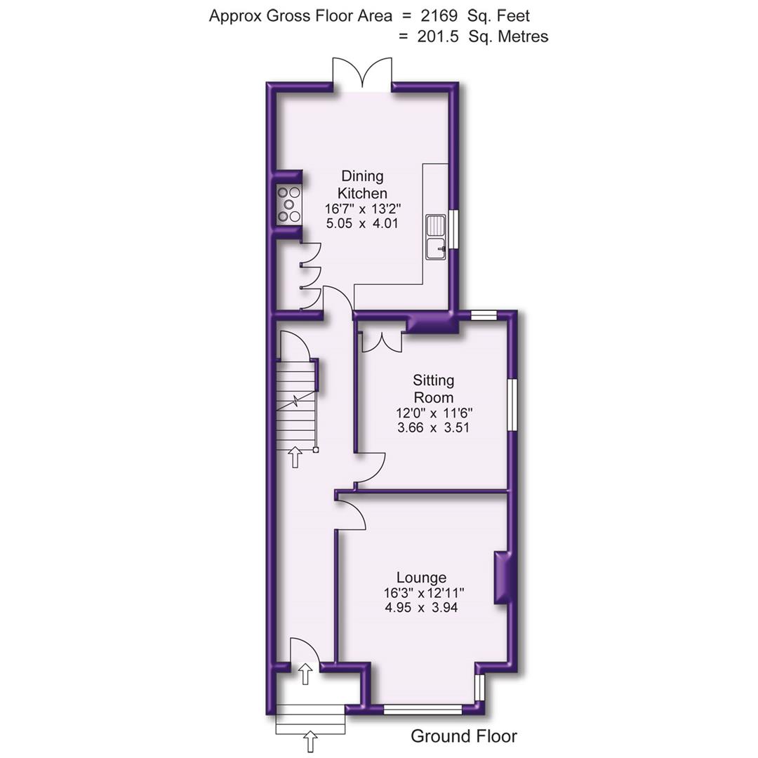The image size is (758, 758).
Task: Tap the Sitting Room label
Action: point(433,389)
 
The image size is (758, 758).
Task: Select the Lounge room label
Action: point(421,578)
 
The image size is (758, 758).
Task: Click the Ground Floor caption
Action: point(463,736)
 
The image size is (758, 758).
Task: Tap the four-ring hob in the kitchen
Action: point(288,204)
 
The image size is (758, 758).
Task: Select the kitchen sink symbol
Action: point(437,236)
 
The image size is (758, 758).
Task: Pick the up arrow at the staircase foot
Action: point(295,456)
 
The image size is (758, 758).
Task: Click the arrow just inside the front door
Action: point(305,674)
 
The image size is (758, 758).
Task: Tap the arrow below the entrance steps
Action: point(310,741)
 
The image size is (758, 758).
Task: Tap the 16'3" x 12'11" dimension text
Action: point(423,593)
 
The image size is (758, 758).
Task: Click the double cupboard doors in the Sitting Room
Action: point(381,341)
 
